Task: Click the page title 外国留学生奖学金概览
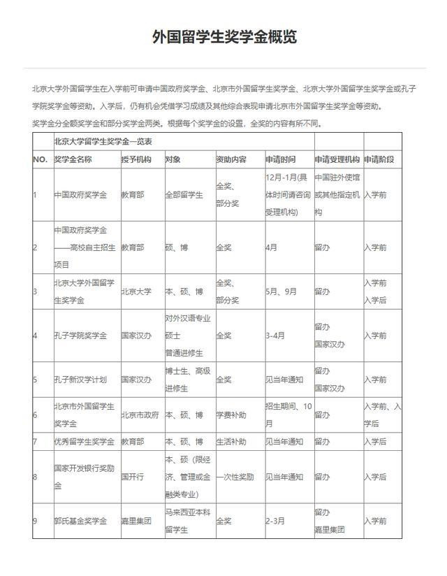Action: click(223, 37)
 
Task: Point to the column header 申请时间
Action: click(280, 159)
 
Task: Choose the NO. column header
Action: click(40, 159)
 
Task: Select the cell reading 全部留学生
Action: click(184, 195)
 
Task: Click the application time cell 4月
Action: click(272, 247)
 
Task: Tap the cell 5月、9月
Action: click(281, 291)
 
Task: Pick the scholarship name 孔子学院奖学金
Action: click(80, 336)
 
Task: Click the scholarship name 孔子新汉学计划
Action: click(80, 380)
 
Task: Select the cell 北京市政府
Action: click(140, 415)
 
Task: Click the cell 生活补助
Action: click(231, 442)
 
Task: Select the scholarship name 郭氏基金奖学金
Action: click(80, 521)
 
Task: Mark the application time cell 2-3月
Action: click(275, 521)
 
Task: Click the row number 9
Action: click(36, 521)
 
